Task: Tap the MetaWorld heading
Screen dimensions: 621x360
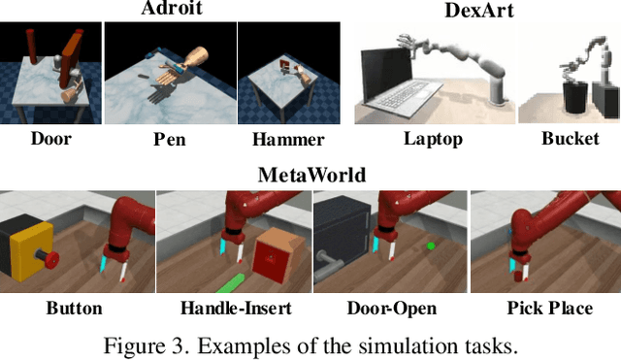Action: click(x=310, y=176)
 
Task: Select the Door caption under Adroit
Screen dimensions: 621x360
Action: click(x=51, y=138)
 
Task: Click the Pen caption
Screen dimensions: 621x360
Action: click(x=169, y=138)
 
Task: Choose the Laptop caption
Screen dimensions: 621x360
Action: click(x=433, y=138)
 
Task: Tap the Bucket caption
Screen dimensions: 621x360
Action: click(x=571, y=138)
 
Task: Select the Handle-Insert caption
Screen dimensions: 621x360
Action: click(x=235, y=309)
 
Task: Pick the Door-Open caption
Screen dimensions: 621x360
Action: click(x=391, y=309)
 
